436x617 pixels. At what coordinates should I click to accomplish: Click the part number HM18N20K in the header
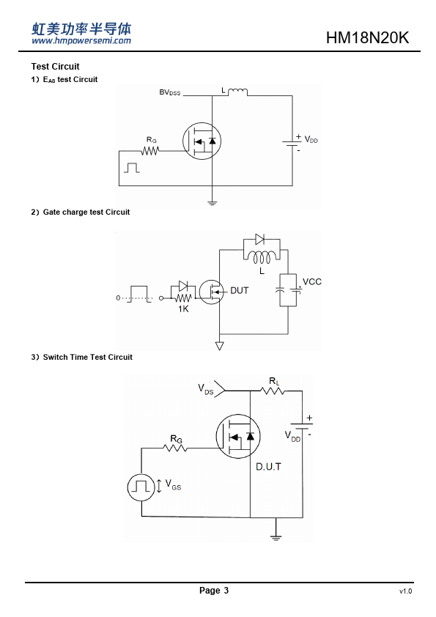(x=368, y=38)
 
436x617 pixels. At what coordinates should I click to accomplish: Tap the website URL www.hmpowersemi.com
(x=81, y=40)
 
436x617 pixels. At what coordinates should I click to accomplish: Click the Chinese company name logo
(x=81, y=29)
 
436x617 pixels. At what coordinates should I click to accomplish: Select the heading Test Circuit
(x=55, y=67)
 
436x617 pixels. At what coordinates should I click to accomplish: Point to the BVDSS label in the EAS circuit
(x=169, y=92)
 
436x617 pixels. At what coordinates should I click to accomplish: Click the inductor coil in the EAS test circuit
(x=237, y=92)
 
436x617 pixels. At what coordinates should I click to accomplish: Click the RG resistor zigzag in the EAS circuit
(x=150, y=151)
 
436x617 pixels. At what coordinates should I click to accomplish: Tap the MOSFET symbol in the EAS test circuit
(x=202, y=141)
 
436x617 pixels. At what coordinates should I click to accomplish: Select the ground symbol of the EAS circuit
(x=212, y=204)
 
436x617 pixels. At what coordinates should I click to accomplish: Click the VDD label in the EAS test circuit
(x=311, y=140)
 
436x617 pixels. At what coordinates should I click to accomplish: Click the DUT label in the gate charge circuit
(x=239, y=290)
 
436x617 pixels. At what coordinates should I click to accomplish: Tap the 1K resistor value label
(x=183, y=309)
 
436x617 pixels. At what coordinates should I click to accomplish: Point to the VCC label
(x=312, y=281)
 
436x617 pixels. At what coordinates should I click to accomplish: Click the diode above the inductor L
(x=259, y=239)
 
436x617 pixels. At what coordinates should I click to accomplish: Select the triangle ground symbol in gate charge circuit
(x=220, y=346)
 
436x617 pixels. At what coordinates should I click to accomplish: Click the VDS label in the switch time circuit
(x=205, y=389)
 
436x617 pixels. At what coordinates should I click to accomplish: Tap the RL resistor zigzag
(x=273, y=391)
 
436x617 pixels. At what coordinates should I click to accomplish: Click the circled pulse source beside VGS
(x=141, y=487)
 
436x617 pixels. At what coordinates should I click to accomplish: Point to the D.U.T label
(x=268, y=467)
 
